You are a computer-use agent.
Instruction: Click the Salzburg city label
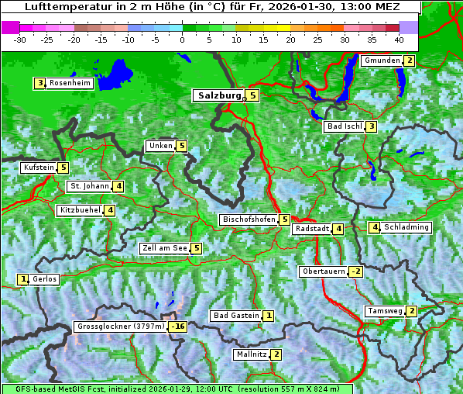219,95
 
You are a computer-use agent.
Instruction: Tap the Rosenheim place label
70,83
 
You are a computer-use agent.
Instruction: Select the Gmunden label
382,60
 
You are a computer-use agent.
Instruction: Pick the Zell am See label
165,248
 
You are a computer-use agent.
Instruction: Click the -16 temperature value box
178,327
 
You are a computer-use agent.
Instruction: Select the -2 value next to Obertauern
355,271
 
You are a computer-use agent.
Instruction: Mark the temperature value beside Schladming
375,227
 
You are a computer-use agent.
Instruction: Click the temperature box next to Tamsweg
412,311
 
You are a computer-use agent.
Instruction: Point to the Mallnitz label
252,354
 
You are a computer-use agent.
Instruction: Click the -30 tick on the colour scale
20,39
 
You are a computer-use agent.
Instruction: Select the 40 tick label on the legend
399,39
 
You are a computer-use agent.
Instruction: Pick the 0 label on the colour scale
182,39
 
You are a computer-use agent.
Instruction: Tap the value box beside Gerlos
23,279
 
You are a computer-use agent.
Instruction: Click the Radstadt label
312,229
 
